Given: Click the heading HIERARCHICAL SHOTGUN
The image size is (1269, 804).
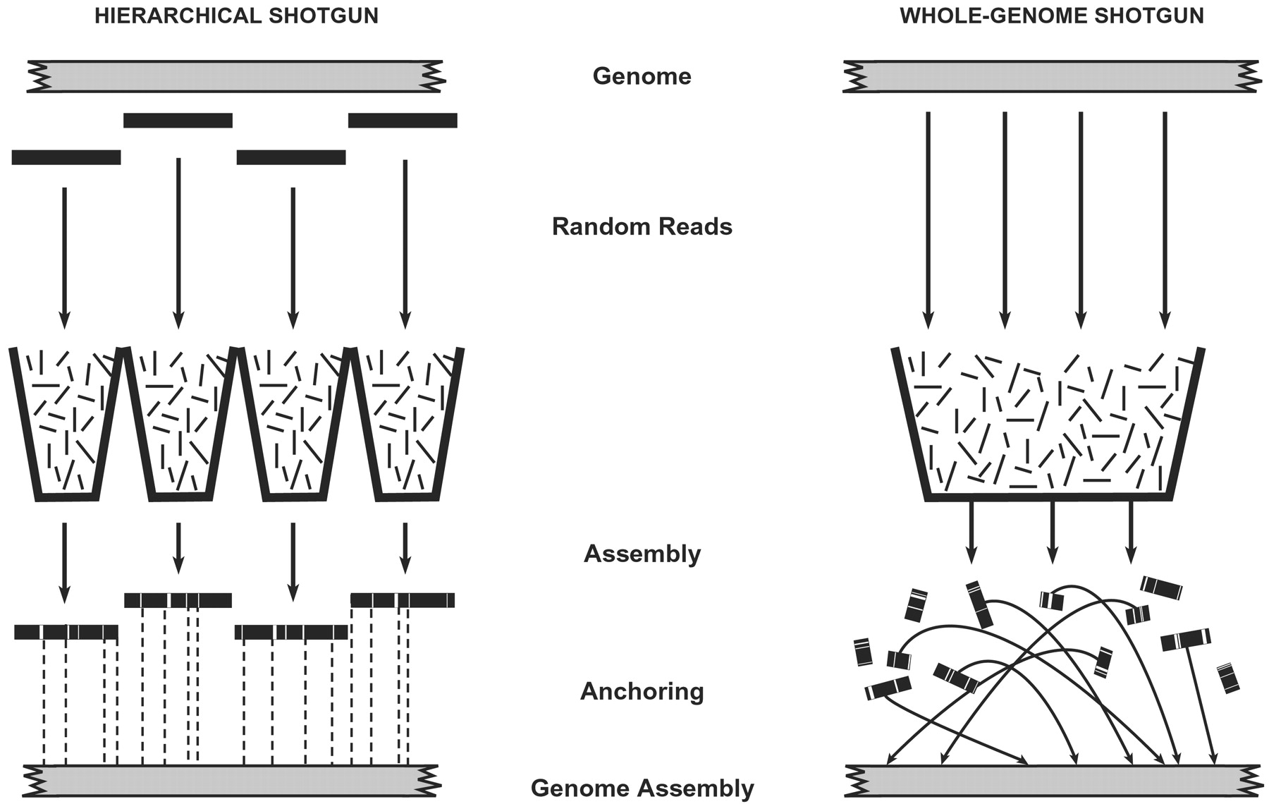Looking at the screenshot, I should pos(236,16).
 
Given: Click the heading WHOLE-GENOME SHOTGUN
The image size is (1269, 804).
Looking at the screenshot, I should pos(1052,16).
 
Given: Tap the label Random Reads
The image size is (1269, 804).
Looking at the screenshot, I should pos(642,226).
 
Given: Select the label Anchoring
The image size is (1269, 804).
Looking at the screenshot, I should pos(642,691).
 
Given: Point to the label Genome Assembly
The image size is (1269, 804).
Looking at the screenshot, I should pos(642,788).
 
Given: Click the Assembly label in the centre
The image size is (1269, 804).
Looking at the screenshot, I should pos(642,554).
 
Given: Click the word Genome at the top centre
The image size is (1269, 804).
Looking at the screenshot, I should pos(642,75).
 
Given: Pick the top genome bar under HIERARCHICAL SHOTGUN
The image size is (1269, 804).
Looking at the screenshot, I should pos(235,76).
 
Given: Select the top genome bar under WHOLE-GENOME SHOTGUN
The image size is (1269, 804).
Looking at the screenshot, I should pos(1052,76).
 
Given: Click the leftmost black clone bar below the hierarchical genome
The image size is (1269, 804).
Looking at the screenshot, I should pos(66,157).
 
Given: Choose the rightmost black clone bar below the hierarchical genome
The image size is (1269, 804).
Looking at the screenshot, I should pos(403,121).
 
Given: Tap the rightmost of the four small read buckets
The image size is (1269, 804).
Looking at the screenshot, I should pos(406,423).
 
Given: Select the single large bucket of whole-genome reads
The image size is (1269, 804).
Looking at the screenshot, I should pos(1048,423).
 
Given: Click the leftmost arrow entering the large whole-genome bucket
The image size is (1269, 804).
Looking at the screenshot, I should pos(928,219).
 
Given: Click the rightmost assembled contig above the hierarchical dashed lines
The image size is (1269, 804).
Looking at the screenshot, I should pos(403,600).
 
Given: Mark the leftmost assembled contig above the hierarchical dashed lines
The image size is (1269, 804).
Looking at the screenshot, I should pos(66,632).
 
